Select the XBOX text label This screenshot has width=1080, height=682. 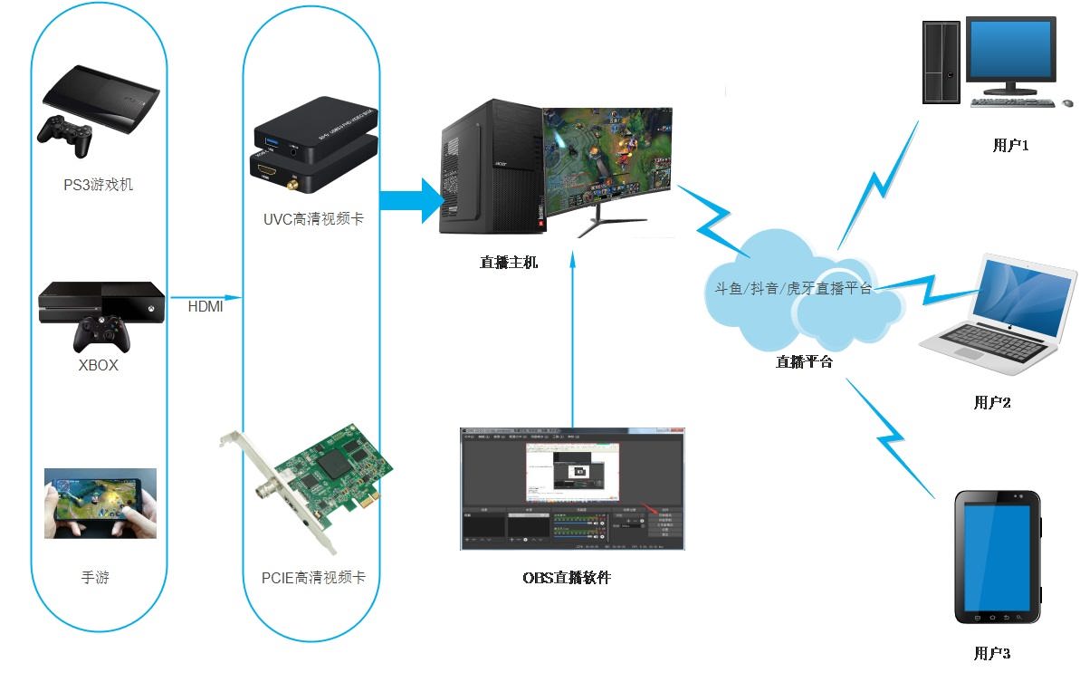[x=98, y=366]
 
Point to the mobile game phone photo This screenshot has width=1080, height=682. [x=100, y=503]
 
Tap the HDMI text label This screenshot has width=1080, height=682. [x=205, y=307]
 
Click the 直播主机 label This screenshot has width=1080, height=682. [x=509, y=263]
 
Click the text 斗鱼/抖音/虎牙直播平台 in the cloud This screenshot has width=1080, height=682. [x=793, y=289]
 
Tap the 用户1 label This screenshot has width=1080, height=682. [x=1011, y=145]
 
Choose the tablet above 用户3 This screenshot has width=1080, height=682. [x=999, y=557]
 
